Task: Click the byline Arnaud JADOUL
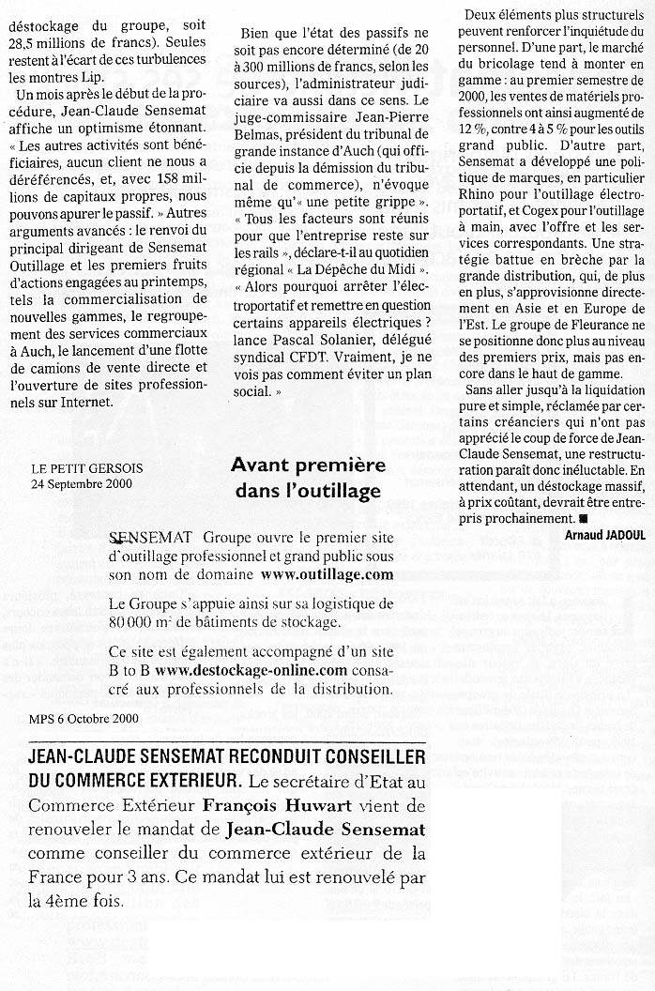604,534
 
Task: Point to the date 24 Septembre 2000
82,484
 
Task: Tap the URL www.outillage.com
327,574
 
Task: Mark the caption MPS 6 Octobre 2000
84,719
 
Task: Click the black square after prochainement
583,518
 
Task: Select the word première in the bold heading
346,465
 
